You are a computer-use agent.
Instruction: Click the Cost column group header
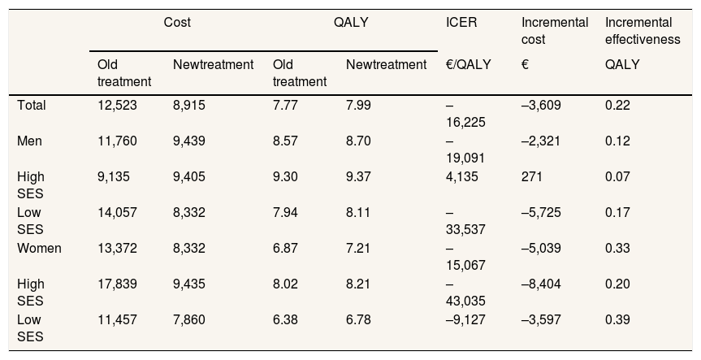click(x=177, y=23)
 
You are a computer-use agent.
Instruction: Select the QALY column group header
click(x=351, y=23)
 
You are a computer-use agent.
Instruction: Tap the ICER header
click(x=461, y=23)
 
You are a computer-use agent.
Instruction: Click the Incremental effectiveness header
click(x=643, y=31)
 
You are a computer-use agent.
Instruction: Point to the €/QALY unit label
click(x=468, y=65)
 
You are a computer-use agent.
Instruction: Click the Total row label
click(x=32, y=105)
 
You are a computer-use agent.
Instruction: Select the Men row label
click(x=29, y=141)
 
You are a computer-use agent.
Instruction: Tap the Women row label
click(x=39, y=248)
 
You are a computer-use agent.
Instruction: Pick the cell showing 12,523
click(x=117, y=105)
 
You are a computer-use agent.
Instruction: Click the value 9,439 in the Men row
click(x=189, y=141)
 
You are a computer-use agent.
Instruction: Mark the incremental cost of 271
click(x=531, y=176)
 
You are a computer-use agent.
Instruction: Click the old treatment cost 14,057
click(x=117, y=212)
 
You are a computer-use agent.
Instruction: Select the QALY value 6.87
click(x=285, y=248)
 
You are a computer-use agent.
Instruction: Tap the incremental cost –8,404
click(x=541, y=284)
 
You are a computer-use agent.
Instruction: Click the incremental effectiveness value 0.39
click(x=617, y=319)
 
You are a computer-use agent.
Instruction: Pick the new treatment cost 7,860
click(x=189, y=319)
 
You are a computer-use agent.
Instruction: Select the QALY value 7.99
click(x=358, y=105)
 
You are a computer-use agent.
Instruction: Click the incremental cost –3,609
click(x=541, y=105)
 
